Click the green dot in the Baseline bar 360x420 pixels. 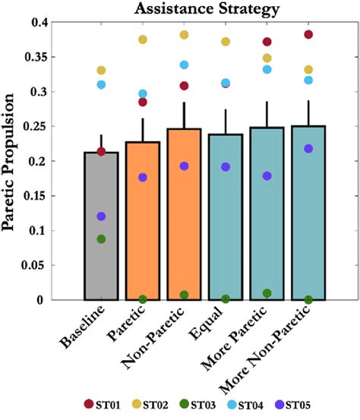coord(101,239)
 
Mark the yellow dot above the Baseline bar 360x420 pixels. coord(101,71)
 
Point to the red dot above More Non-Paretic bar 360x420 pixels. coord(308,34)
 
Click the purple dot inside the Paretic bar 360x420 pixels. coord(143,177)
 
